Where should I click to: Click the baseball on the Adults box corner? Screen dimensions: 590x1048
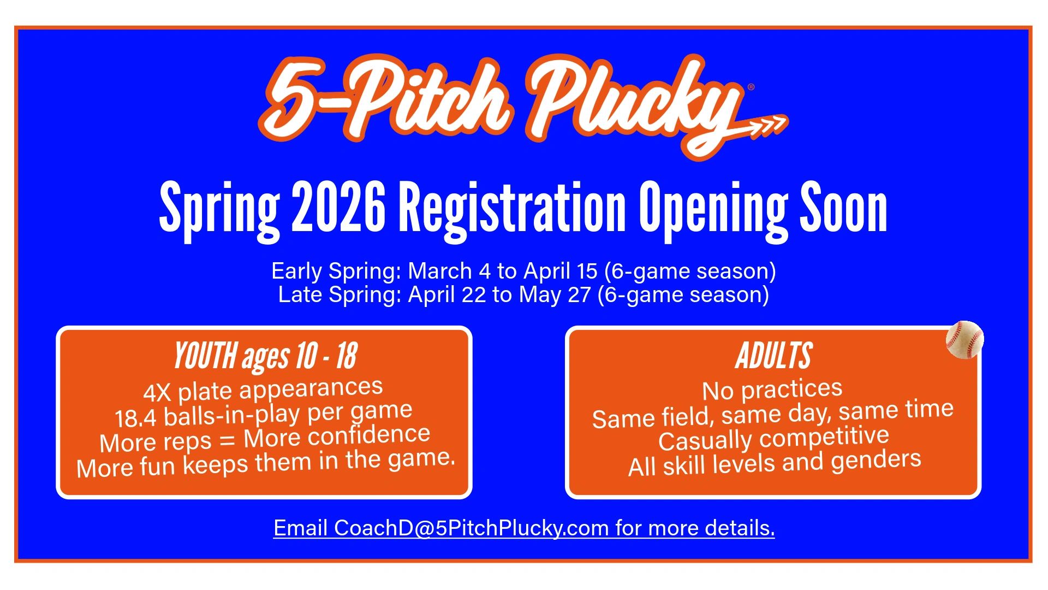coord(964,339)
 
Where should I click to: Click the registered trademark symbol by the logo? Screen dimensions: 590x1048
coord(751,87)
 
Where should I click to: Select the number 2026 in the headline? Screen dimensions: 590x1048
coord(338,208)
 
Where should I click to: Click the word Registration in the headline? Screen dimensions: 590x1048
coord(512,208)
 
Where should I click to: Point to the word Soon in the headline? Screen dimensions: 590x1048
coord(843,208)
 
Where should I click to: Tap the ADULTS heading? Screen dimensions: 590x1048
coord(773,356)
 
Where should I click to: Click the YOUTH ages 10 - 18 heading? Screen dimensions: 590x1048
coord(265,356)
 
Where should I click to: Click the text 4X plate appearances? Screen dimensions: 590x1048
coord(263,390)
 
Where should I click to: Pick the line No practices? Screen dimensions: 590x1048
coord(772,390)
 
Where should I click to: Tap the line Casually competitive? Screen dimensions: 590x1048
coord(773,438)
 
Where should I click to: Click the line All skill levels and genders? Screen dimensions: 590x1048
coord(775,463)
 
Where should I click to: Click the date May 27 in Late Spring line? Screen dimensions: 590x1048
coord(555,295)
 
